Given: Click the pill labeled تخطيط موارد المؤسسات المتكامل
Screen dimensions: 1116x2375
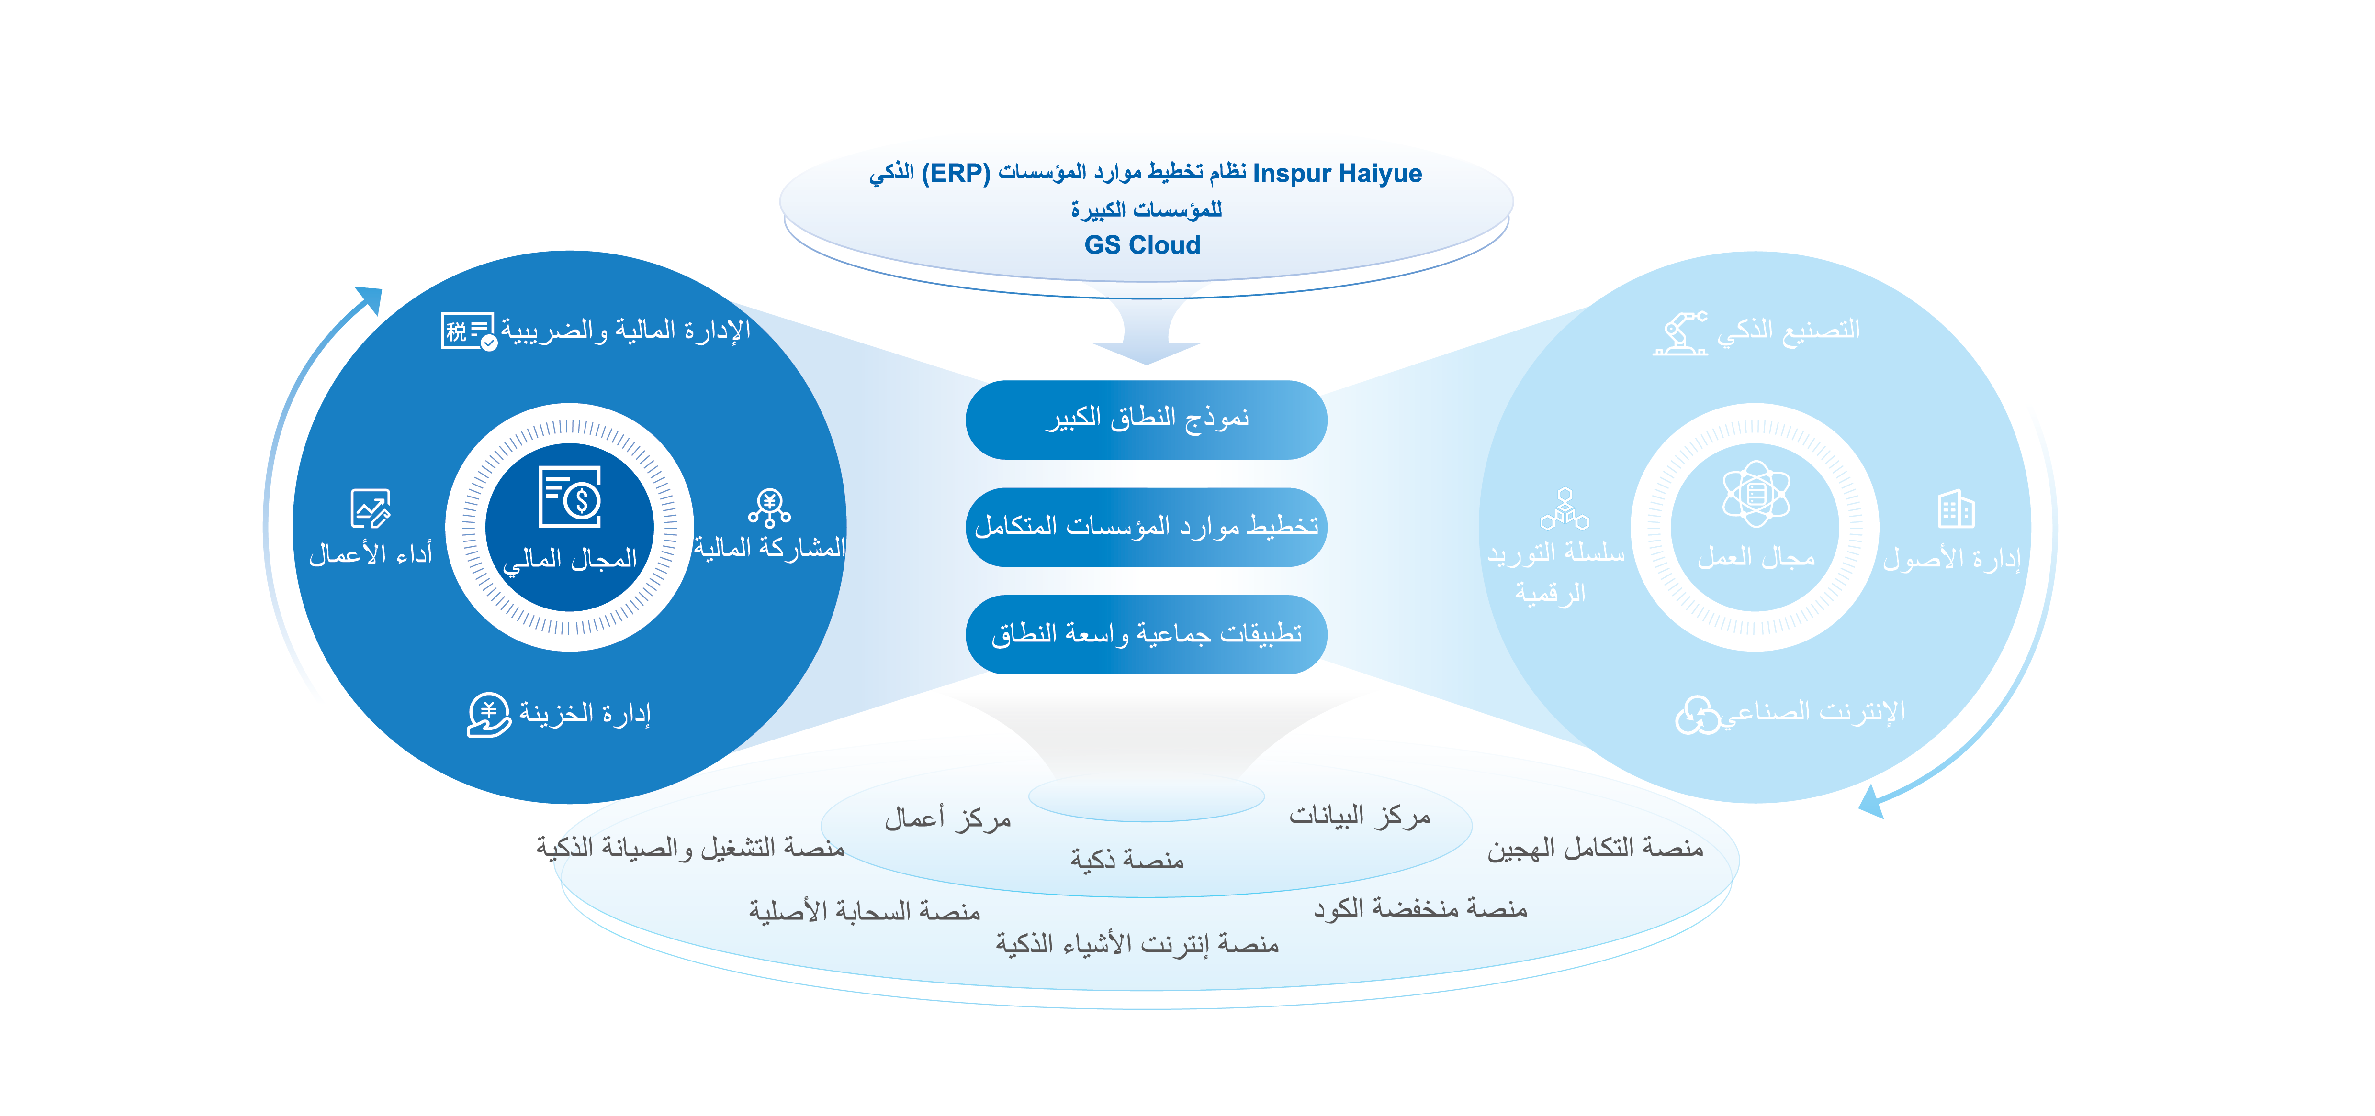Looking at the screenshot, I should [x=1146, y=526].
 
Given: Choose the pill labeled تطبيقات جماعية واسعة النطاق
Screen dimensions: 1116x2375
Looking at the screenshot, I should [x=1146, y=634].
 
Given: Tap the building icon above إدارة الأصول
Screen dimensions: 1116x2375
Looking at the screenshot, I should [x=1956, y=508].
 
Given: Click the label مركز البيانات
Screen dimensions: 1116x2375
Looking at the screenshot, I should [x=1359, y=817].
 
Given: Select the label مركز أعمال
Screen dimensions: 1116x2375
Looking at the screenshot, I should [x=948, y=818].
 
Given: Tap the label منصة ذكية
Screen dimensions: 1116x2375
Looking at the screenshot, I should [x=1126, y=860].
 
